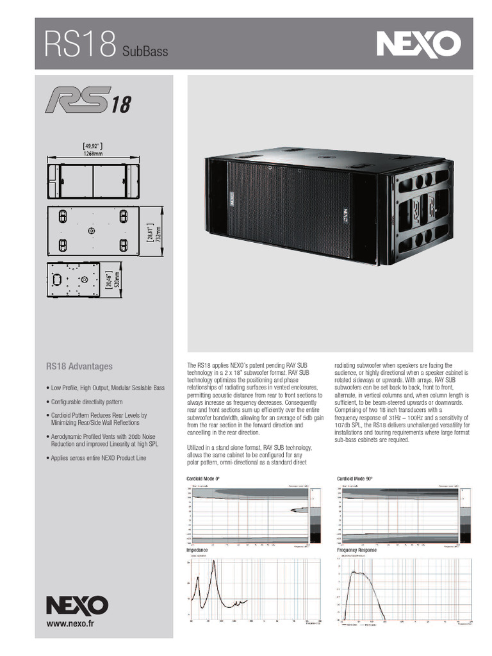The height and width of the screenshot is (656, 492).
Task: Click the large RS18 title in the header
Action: (x=80, y=45)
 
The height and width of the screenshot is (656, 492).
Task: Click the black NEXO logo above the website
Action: (x=76, y=604)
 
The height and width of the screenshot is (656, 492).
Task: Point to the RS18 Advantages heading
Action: (x=79, y=366)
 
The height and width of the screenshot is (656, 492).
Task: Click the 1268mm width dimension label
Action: (x=94, y=154)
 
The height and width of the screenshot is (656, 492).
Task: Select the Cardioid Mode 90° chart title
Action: (x=354, y=479)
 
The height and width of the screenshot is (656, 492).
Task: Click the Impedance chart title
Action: (x=197, y=550)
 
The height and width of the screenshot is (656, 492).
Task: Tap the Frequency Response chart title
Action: (x=357, y=550)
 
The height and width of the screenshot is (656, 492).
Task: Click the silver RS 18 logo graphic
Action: (x=87, y=100)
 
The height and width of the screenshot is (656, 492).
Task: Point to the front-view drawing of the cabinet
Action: (x=94, y=181)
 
